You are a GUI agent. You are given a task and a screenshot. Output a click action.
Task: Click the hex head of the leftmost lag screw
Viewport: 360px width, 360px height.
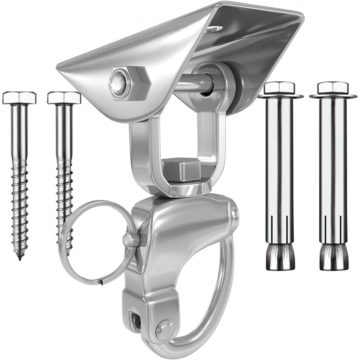tap(19, 97)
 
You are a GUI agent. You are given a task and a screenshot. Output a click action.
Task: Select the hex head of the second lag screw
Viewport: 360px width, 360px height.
tap(64, 97)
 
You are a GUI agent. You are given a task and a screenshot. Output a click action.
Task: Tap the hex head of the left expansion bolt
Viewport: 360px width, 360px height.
tap(280, 88)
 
